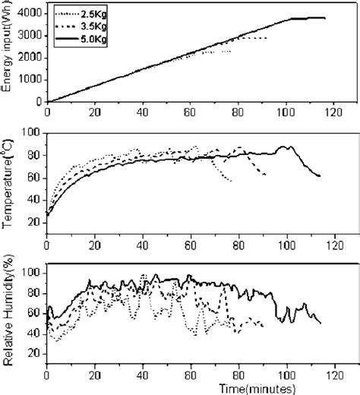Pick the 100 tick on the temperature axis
point(33,134)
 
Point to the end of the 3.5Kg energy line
point(267,38)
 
